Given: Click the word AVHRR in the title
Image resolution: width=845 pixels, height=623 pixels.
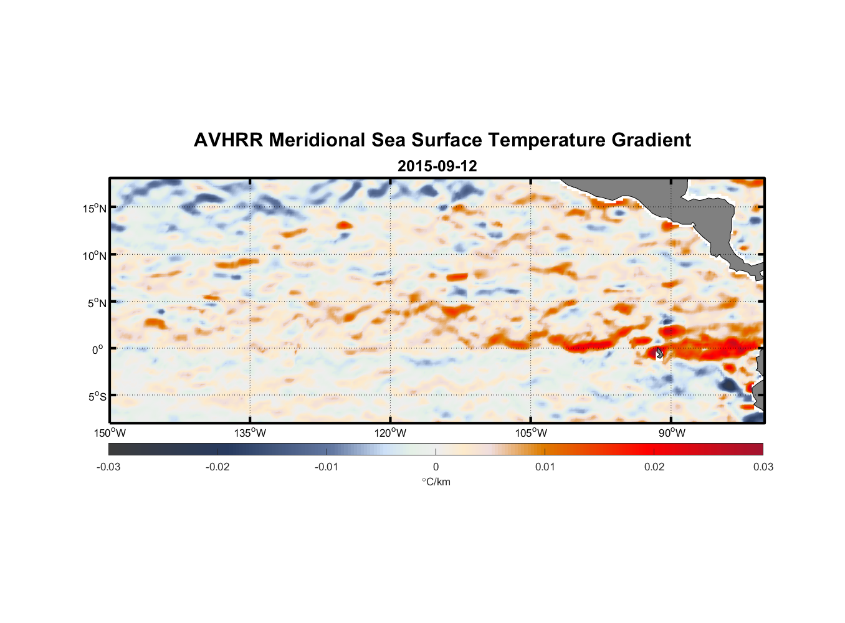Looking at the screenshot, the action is point(228,140).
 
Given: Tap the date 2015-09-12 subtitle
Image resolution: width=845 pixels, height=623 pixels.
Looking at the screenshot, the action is point(437,166).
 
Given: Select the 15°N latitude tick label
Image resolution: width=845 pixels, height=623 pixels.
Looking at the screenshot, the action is point(95,208).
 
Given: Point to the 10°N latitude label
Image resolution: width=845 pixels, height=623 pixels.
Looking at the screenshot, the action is point(95,255).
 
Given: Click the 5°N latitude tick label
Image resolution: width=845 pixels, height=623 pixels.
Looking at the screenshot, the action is point(97,303).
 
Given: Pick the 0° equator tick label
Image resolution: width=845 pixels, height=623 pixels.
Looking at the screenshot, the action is point(97,350).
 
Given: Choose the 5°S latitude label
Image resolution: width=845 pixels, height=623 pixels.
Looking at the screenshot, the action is point(97,396).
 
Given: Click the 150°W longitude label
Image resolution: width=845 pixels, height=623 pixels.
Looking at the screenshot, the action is point(110,432).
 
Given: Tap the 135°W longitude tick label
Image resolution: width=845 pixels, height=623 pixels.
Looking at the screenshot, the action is point(250,432).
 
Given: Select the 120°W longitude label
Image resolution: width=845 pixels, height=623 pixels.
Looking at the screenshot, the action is point(390,432).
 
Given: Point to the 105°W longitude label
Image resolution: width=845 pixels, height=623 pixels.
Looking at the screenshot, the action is point(531,432).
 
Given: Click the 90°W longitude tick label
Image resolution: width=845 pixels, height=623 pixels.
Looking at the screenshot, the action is point(672,432).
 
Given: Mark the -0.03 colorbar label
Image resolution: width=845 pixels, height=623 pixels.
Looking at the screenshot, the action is point(108,467).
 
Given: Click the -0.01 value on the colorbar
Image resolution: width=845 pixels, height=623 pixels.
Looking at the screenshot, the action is point(327,467).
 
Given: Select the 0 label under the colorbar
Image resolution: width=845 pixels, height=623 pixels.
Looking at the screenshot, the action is point(436,467).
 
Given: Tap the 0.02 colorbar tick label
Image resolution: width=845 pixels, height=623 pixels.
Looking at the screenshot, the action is point(654,467).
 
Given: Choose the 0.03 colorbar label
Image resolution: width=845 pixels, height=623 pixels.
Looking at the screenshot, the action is point(763,467).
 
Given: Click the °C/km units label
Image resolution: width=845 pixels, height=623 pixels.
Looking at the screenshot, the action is point(436,482).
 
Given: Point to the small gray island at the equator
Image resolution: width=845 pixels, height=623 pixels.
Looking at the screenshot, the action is point(659,353).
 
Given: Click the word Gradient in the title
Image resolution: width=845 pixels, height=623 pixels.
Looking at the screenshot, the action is point(651,140).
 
